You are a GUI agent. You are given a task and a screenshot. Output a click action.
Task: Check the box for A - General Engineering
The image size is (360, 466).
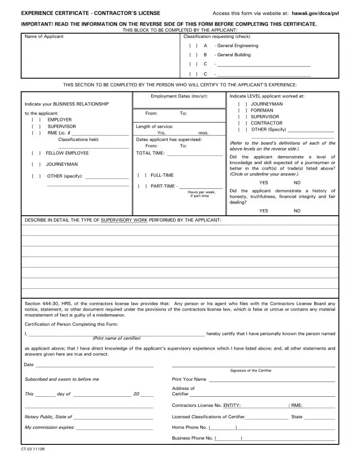pos(193,46)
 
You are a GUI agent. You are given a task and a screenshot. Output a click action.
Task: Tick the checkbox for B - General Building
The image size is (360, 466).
pos(193,55)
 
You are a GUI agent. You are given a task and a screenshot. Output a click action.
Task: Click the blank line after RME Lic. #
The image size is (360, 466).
pos(100,133)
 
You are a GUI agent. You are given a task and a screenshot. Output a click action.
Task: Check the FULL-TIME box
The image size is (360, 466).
pos(142,175)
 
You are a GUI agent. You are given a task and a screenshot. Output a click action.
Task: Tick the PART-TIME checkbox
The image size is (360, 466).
pos(142,186)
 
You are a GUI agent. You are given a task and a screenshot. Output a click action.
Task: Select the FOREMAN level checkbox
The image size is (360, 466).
pos(242,110)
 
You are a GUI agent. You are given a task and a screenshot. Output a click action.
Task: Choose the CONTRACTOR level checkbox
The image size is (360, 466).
pos(242,123)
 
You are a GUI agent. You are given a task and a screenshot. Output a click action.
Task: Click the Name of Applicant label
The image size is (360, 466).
pos(44,37)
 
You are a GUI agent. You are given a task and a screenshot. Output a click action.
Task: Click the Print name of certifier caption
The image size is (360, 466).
pos(116,338)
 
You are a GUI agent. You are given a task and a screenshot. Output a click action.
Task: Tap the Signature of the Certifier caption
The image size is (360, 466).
pos(251,371)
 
